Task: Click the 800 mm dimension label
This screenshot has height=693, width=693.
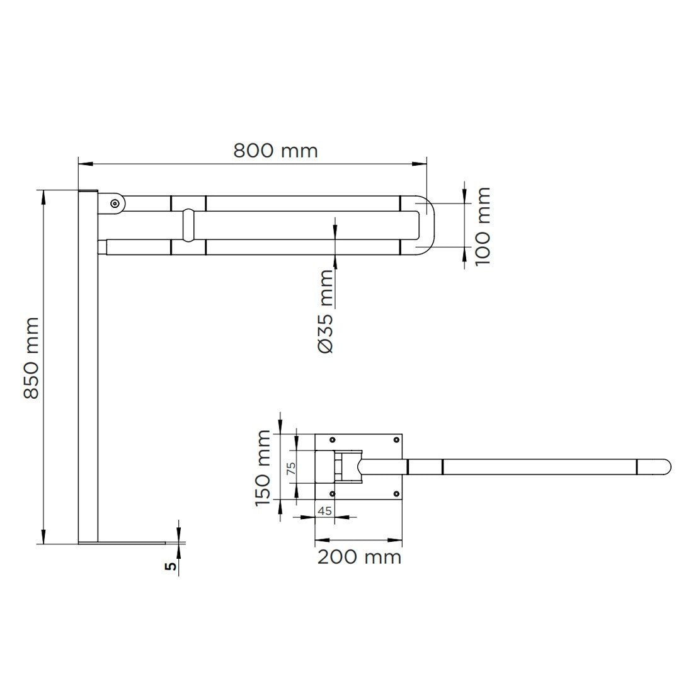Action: pyautogui.click(x=275, y=151)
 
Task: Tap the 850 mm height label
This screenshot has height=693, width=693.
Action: pyautogui.click(x=32, y=358)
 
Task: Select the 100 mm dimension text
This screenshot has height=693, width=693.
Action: pyautogui.click(x=483, y=226)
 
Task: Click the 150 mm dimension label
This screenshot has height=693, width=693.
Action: pyautogui.click(x=263, y=468)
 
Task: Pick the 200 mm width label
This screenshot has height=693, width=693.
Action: pyautogui.click(x=359, y=557)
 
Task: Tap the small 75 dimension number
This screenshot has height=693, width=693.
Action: pyautogui.click(x=291, y=468)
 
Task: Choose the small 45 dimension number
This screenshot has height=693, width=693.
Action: pyautogui.click(x=325, y=511)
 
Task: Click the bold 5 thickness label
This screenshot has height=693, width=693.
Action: pyautogui.click(x=171, y=566)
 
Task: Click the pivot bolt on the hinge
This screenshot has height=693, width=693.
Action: pyautogui.click(x=115, y=203)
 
